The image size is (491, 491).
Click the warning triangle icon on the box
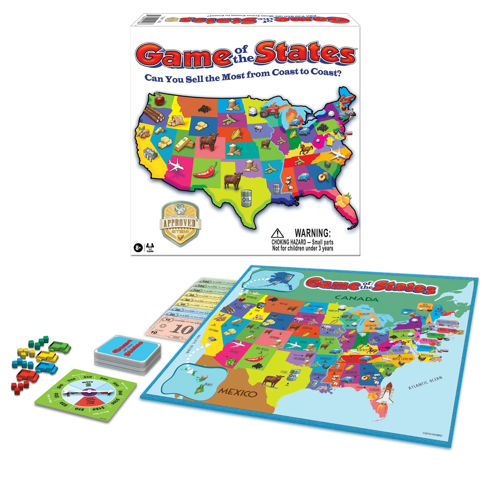(277, 233)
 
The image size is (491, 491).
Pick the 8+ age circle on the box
(138, 247)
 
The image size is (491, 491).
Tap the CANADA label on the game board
(356, 298)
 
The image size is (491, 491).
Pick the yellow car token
(47, 356)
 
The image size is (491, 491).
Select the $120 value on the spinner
(98, 409)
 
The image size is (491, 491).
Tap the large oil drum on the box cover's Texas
(246, 198)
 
